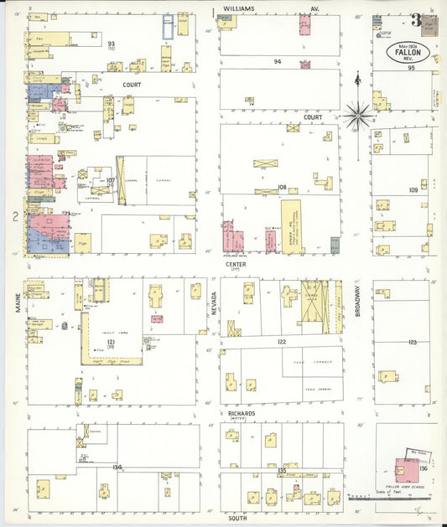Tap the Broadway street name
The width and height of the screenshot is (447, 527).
tap(356, 302)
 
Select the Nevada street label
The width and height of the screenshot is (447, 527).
tap(213, 304)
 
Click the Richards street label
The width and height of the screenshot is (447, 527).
tap(242, 413)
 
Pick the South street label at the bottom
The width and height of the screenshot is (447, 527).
tap(236, 519)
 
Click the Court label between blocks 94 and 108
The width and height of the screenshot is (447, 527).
tap(314, 117)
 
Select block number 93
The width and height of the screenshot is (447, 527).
tap(111, 43)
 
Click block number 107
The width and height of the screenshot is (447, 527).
tap(110, 180)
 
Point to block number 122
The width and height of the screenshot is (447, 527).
tap(281, 342)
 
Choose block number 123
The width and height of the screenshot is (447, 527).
tap(412, 342)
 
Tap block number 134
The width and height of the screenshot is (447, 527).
tap(117, 467)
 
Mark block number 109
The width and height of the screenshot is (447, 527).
tap(413, 190)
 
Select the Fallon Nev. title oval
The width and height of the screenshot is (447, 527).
tap(408, 52)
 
